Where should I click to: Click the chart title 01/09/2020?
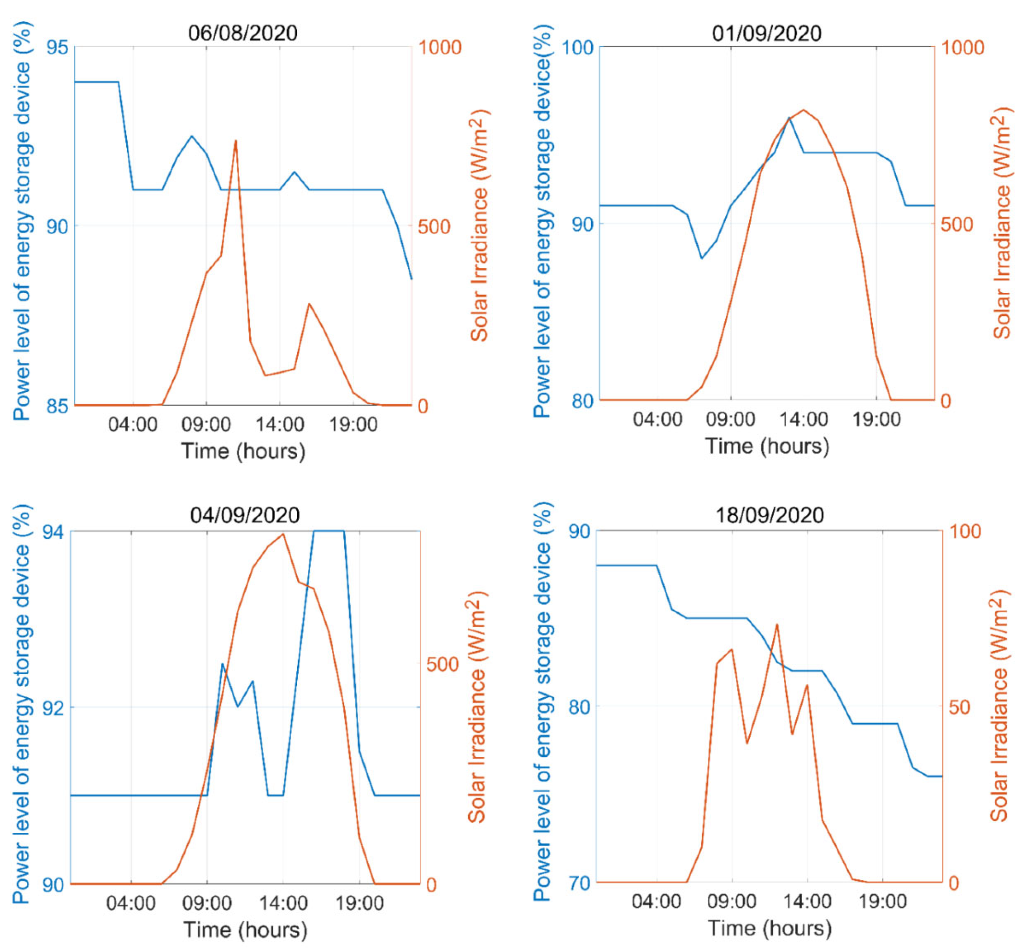point(767,33)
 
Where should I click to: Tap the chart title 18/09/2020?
point(769,515)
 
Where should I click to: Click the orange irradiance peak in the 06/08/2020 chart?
point(235,141)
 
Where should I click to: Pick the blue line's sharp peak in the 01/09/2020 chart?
point(789,118)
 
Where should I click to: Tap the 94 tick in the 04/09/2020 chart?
point(53,532)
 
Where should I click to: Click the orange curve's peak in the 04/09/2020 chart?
point(283,534)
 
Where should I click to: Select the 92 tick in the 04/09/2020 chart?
point(53,708)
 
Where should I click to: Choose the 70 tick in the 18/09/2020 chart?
point(579,883)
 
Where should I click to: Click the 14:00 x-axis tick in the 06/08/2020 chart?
point(279,425)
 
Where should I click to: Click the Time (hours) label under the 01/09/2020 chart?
point(767,446)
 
